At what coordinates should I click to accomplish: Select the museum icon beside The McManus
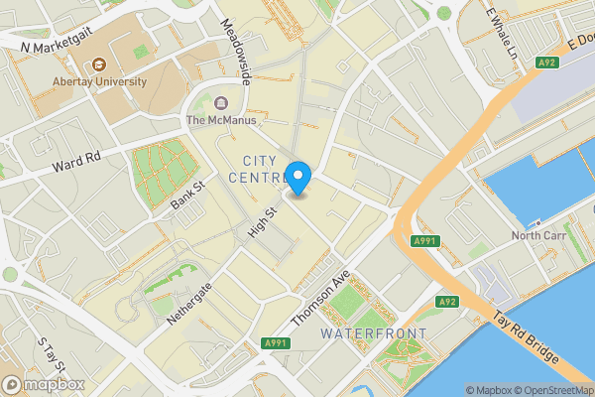219,103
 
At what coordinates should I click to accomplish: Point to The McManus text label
221,121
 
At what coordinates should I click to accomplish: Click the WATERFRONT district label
374,333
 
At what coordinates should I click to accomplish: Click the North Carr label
539,236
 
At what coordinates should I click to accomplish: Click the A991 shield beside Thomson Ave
277,343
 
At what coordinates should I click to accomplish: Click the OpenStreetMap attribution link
548,389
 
